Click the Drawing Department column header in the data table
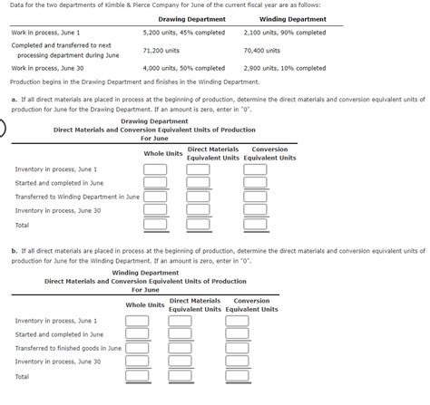coord(192,19)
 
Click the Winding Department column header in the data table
coord(292,19)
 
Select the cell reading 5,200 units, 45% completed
coord(184,33)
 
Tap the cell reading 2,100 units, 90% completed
coord(285,33)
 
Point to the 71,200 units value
coord(161,51)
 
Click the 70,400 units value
coord(262,51)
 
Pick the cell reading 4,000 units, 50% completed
coord(184,68)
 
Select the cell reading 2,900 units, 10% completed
coord(285,68)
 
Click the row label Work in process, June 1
coord(46,33)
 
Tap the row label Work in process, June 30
coord(47,68)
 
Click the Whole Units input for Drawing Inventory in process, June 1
coord(155,169)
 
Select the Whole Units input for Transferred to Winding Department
coord(155,196)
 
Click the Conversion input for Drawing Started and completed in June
coord(255,182)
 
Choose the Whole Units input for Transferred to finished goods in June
coord(137,348)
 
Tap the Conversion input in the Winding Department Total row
coord(237,376)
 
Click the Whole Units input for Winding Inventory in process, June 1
coord(137,320)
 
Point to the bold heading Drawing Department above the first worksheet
coord(154,121)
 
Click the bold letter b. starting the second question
coord(14,249)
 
